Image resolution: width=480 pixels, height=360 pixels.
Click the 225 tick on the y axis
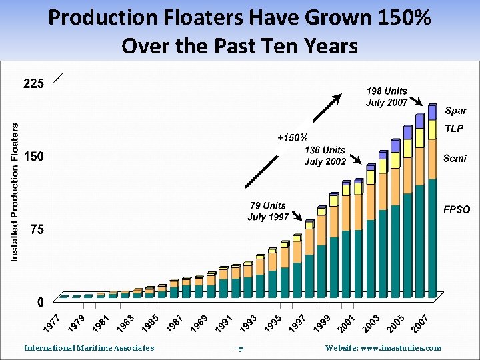pyautogui.click(x=33, y=84)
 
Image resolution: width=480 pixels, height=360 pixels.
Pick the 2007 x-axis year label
pyautogui.click(x=419, y=323)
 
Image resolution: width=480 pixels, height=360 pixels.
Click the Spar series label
pyautogui.click(x=455, y=111)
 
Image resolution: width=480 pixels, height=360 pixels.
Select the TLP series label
pyautogui.click(x=454, y=127)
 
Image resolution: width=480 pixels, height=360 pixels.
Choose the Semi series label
pyautogui.click(x=455, y=159)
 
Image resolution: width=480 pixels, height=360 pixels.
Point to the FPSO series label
pyautogui.click(x=457, y=209)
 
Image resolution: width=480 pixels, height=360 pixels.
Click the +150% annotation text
pyautogui.click(x=293, y=138)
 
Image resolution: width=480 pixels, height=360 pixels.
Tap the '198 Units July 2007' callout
pyautogui.click(x=387, y=97)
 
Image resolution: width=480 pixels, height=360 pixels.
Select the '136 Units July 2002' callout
pyautogui.click(x=325, y=156)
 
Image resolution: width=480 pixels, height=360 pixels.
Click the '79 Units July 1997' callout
pyautogui.click(x=268, y=211)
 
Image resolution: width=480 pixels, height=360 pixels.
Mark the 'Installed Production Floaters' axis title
pyautogui.click(x=15, y=191)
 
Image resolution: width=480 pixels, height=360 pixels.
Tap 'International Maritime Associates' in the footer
pyautogui.click(x=89, y=347)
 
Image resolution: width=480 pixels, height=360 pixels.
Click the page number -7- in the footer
pyautogui.click(x=239, y=348)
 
